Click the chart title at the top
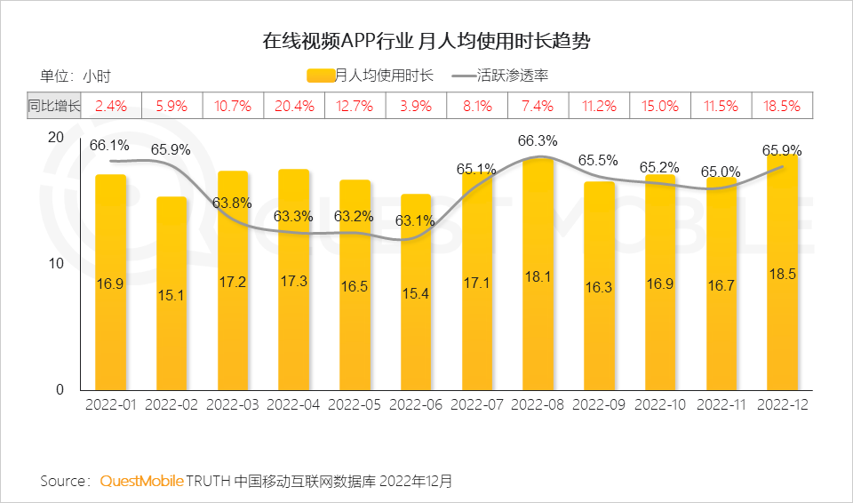[426, 41]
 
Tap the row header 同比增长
[53, 106]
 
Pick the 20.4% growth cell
[294, 106]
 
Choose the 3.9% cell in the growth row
[416, 106]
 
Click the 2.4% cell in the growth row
[111, 106]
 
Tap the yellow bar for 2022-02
[171, 293]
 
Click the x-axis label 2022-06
[416, 404]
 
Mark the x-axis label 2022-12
[783, 404]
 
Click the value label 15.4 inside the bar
[416, 293]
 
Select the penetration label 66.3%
[538, 140]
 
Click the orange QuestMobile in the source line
[141, 481]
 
